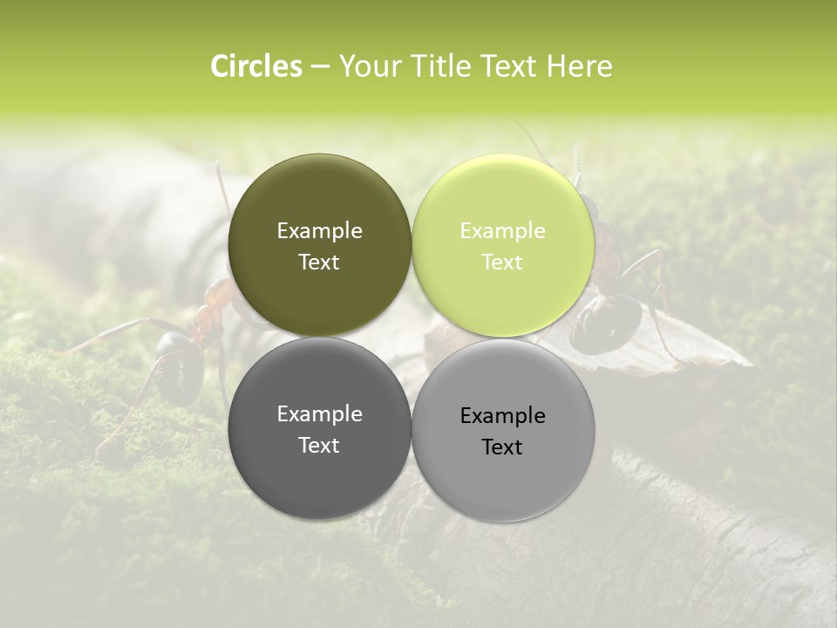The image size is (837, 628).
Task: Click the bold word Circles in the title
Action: point(256,66)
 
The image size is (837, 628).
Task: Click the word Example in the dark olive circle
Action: point(319,231)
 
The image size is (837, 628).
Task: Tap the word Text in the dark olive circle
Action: point(319,263)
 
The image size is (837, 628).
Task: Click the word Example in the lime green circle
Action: point(502,231)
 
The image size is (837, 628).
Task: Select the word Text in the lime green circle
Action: point(502,263)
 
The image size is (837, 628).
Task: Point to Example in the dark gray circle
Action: point(319,414)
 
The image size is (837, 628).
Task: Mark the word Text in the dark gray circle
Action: point(319,446)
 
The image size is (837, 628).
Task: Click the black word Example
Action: point(502,416)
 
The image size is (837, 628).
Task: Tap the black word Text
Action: point(502,447)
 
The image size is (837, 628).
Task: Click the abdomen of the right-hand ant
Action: point(608,323)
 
